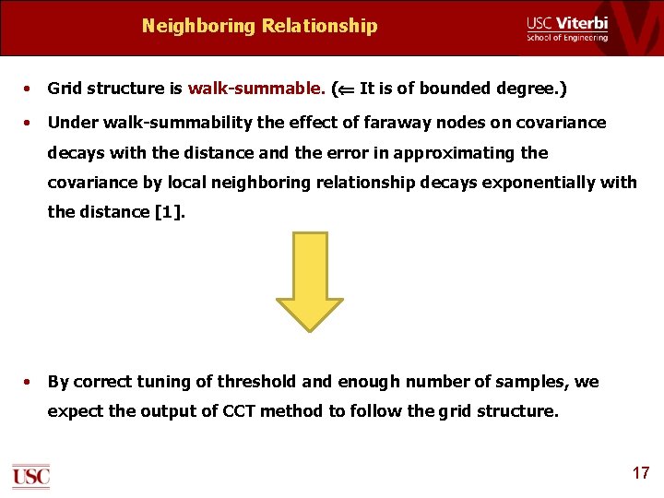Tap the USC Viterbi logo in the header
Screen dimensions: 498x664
(567, 28)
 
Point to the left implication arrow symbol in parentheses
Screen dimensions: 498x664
(344, 89)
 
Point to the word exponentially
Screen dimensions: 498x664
(532, 182)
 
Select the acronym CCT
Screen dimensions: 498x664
(234, 411)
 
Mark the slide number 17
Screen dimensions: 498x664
(641, 473)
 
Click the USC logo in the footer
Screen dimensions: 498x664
(30, 476)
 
